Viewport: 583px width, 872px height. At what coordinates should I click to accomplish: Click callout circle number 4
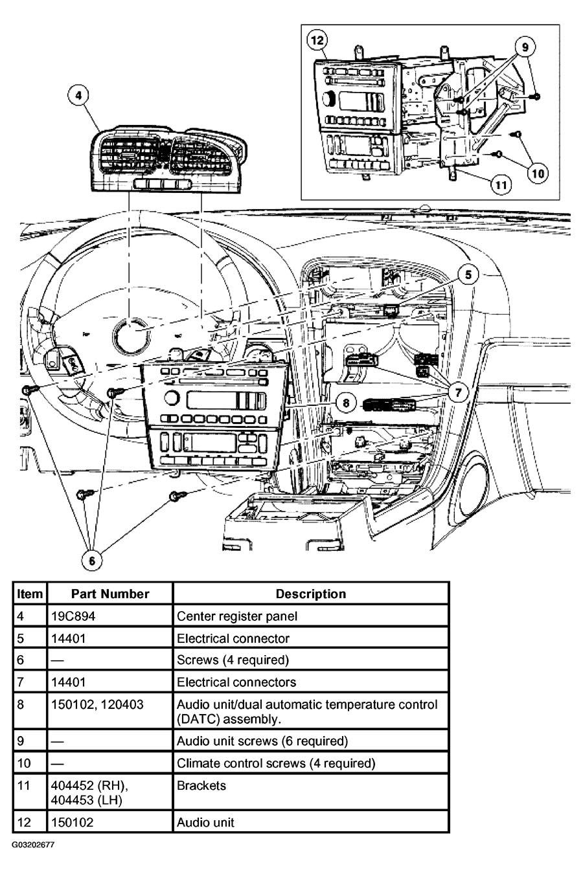pos(78,96)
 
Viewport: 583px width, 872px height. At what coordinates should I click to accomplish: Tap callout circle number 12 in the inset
pos(317,41)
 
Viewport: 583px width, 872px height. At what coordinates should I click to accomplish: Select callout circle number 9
pos(525,46)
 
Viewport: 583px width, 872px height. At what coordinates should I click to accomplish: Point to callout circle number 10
pos(538,172)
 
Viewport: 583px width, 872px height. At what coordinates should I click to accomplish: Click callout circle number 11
pos(500,184)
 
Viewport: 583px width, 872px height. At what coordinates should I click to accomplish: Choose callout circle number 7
pos(458,392)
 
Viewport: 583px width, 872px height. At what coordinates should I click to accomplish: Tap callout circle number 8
pos(347,403)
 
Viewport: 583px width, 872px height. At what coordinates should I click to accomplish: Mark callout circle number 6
pos(92,560)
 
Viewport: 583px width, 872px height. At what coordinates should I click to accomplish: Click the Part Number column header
pos(110,594)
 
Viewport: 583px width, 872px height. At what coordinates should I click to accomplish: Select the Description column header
pos(311,594)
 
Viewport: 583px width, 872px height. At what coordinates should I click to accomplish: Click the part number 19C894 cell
pos(73,616)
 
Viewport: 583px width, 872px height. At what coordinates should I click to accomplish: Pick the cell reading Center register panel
pos(237,616)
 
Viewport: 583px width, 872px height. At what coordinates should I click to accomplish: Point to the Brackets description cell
pos(201,785)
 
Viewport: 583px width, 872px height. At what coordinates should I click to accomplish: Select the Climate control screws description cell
pos(276,763)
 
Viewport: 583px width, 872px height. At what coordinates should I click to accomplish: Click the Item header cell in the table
pos(30,594)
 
